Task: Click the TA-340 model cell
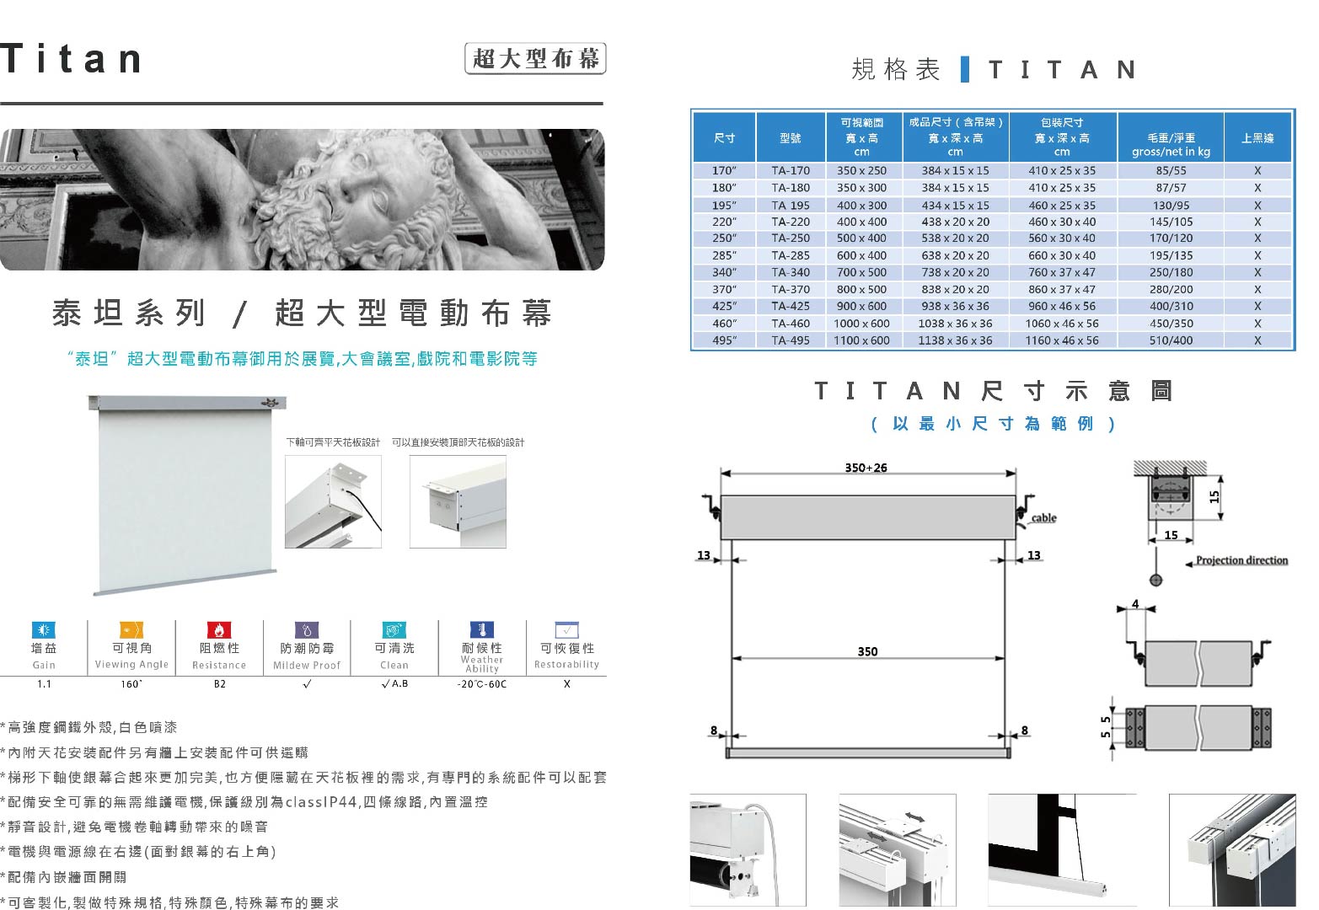(x=791, y=272)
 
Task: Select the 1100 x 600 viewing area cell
(x=861, y=340)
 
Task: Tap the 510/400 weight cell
(x=1171, y=340)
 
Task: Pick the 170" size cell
(x=724, y=171)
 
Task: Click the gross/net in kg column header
(x=1171, y=145)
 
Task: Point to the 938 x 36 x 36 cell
(x=955, y=306)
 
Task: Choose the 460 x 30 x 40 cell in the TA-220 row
(x=1062, y=222)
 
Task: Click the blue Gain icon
(x=44, y=629)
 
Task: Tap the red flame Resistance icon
(x=219, y=629)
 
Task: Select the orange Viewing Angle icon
(x=131, y=629)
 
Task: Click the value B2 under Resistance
(x=220, y=684)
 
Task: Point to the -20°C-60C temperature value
(x=482, y=684)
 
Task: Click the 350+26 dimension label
(x=866, y=468)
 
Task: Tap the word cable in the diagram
(x=1043, y=518)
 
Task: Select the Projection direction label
(x=1241, y=560)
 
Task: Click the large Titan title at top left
(x=72, y=59)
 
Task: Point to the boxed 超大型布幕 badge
(x=535, y=58)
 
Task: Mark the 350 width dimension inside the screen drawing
(x=867, y=651)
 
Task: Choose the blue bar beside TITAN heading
(x=964, y=69)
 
